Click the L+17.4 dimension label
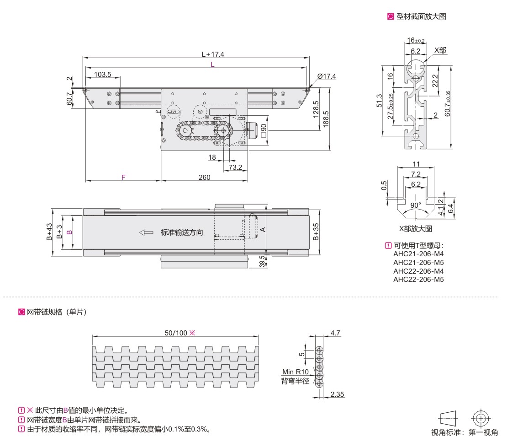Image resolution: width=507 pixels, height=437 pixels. tap(213, 54)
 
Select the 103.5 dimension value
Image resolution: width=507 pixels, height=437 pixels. tap(103, 74)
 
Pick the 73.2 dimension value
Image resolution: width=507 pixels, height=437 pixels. tap(235, 167)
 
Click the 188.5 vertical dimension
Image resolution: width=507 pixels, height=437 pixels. tap(325, 119)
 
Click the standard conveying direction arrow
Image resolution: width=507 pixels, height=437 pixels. tap(147, 232)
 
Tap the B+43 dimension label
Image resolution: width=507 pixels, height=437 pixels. tap(49, 232)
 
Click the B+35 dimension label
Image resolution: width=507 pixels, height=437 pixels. tap(316, 232)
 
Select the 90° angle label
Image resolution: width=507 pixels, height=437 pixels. tap(415, 205)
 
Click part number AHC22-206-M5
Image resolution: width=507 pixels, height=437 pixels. tap(418, 279)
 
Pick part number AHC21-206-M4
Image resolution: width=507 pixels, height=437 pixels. tap(418, 254)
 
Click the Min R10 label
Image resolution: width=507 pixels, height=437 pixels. tap(296, 372)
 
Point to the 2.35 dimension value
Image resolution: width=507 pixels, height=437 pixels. tap(337, 394)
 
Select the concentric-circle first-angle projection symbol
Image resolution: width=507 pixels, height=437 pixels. tap(480, 418)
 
